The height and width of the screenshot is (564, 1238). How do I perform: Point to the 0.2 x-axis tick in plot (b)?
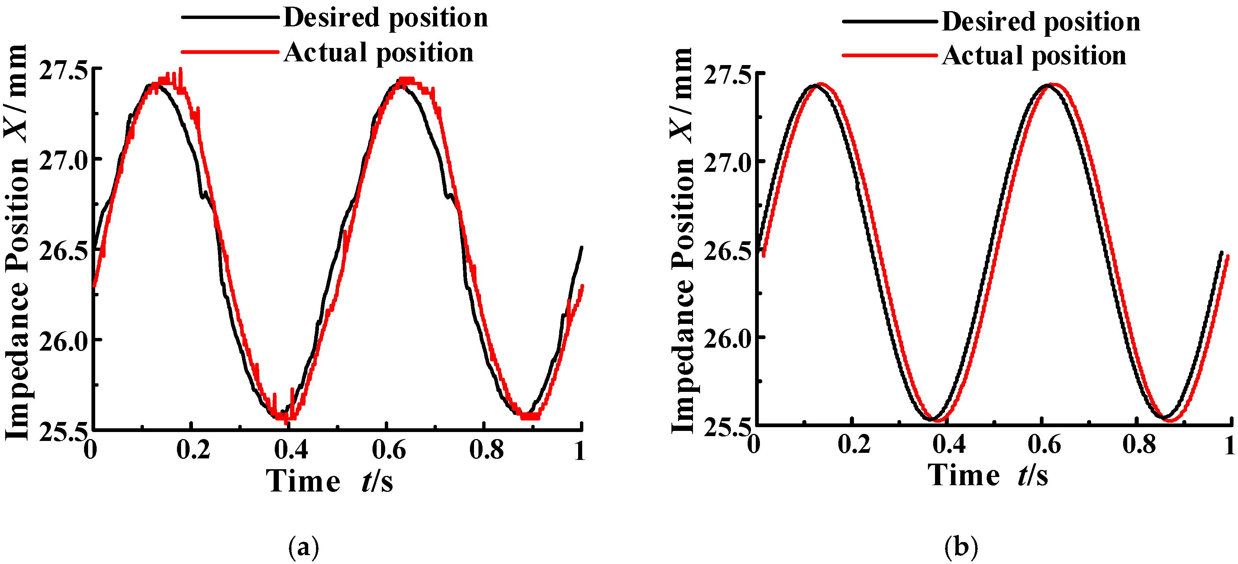[854, 444]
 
